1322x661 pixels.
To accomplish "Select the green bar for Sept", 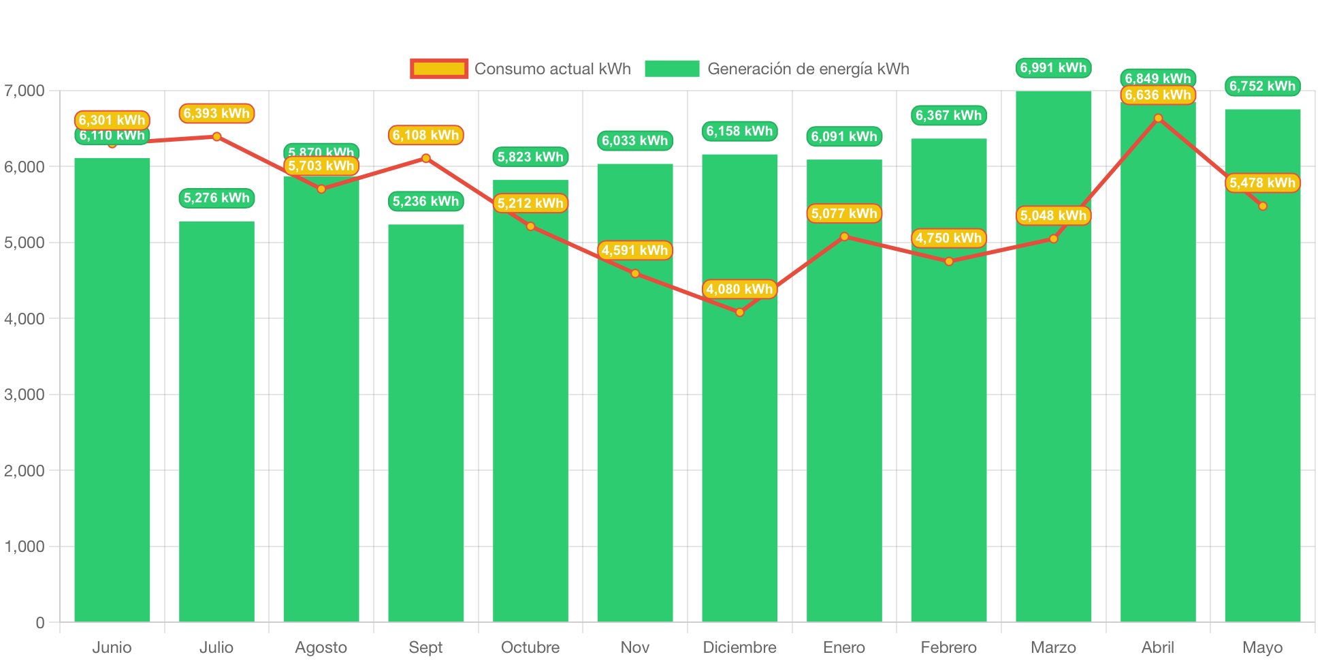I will pyautogui.click(x=425, y=422).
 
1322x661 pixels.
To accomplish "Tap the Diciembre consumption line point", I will pyautogui.click(x=739, y=312).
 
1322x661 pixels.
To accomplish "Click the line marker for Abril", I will pyautogui.click(x=1158, y=118).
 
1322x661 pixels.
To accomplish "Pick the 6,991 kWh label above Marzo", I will pyautogui.click(x=1053, y=67).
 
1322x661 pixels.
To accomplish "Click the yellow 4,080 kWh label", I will pyautogui.click(x=739, y=289).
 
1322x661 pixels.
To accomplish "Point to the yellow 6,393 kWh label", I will pyautogui.click(x=216, y=113).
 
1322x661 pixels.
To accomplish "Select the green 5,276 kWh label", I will pyautogui.click(x=216, y=198).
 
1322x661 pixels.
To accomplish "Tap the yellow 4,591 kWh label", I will pyautogui.click(x=634, y=250).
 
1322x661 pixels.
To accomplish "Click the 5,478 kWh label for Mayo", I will pyautogui.click(x=1262, y=183).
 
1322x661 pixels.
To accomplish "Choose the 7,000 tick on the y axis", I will pyautogui.click(x=25, y=91).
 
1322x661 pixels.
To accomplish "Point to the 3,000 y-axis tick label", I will pyautogui.click(x=25, y=395).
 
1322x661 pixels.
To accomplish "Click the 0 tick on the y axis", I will pyautogui.click(x=39, y=622).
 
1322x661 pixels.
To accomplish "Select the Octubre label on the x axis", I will pyautogui.click(x=530, y=647).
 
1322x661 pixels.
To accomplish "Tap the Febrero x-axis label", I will pyautogui.click(x=948, y=647).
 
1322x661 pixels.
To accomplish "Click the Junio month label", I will pyautogui.click(x=112, y=647).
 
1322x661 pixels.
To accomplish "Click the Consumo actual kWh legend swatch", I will pyautogui.click(x=439, y=69).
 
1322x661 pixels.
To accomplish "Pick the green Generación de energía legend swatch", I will pyautogui.click(x=672, y=69).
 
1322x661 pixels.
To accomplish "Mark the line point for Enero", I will pyautogui.click(x=844, y=236).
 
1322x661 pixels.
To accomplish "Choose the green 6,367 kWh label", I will pyautogui.click(x=948, y=115).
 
